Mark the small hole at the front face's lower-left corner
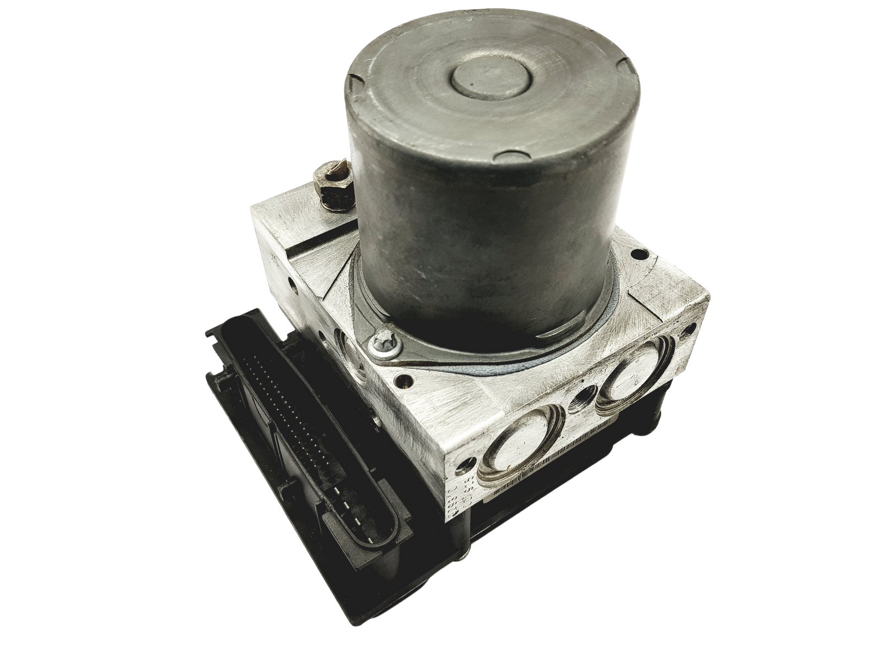coord(468,460)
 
